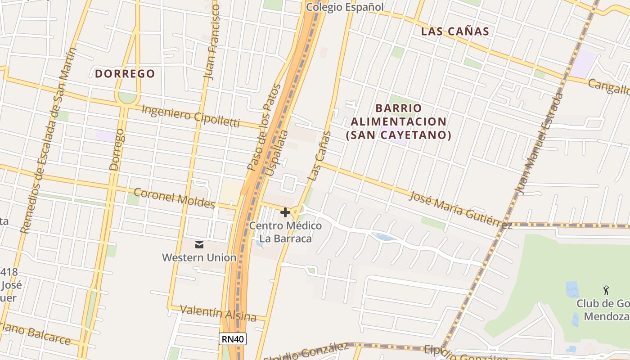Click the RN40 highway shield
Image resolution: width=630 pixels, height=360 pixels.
(233, 339)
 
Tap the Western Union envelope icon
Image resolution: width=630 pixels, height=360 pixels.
(199, 245)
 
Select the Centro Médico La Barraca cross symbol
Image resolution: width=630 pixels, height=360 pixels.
(285, 212)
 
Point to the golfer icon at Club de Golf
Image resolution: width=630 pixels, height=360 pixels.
(606, 290)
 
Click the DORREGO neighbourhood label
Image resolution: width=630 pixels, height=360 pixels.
(125, 73)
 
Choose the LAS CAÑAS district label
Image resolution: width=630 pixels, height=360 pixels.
(455, 31)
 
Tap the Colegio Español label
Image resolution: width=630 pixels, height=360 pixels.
(345, 7)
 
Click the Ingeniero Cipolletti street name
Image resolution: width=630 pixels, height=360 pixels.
(190, 116)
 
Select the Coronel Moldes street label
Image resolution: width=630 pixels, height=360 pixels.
(175, 198)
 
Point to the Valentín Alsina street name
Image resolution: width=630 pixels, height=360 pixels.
(218, 313)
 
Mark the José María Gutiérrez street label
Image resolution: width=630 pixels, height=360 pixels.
(460, 210)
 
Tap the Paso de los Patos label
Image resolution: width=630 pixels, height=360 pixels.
(264, 127)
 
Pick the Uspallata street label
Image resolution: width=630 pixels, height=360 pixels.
(277, 153)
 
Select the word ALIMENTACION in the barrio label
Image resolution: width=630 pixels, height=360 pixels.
(398, 121)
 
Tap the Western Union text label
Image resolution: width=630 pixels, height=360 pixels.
(199, 258)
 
